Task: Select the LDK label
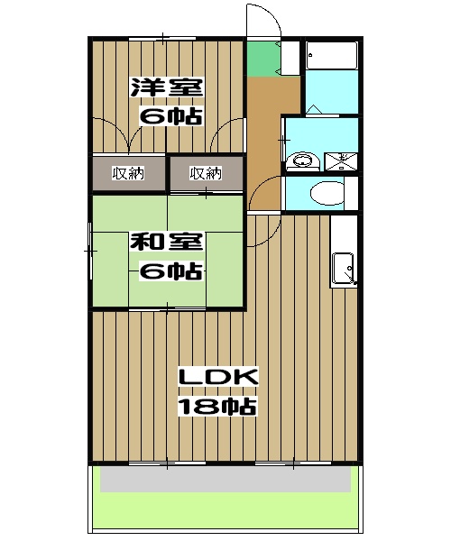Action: click(x=217, y=376)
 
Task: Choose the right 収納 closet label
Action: click(x=206, y=172)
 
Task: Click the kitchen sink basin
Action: click(x=345, y=268)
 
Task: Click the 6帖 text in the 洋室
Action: click(x=169, y=116)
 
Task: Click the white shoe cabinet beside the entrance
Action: click(x=291, y=60)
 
